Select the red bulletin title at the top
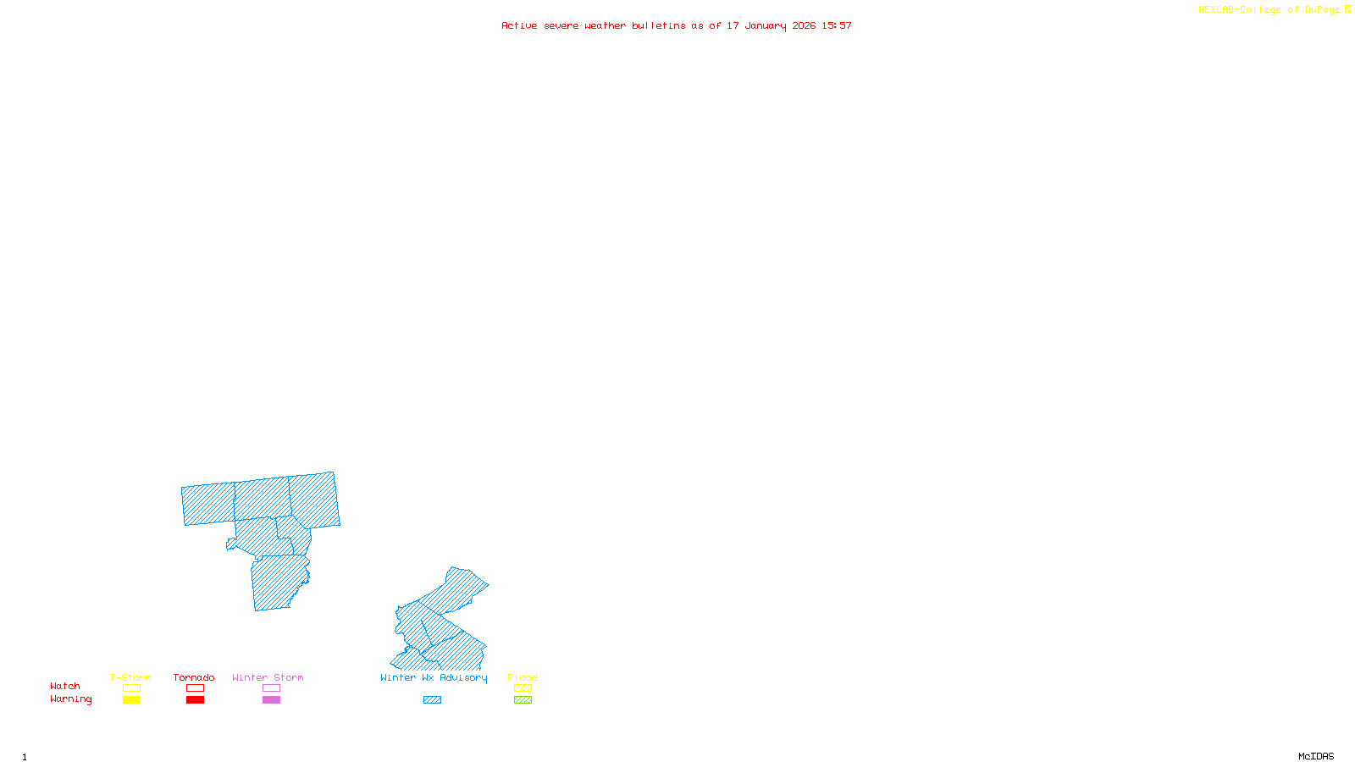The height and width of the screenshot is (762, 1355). click(676, 25)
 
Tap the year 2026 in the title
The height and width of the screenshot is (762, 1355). click(804, 25)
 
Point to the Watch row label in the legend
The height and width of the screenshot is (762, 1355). click(65, 686)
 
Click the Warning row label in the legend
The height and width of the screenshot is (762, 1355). click(70, 699)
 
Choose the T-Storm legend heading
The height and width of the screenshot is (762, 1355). click(130, 677)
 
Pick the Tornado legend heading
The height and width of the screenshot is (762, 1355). click(194, 677)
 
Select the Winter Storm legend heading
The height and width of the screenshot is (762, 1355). click(268, 677)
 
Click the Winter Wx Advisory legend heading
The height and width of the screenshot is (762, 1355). click(434, 677)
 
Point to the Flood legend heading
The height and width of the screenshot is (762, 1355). click(523, 677)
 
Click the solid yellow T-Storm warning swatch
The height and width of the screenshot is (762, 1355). click(131, 700)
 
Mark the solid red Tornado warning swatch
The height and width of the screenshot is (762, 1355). click(196, 700)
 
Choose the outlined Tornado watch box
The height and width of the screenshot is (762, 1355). click(196, 688)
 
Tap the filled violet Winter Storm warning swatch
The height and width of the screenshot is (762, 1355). click(271, 700)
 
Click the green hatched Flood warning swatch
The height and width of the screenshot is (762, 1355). click(523, 700)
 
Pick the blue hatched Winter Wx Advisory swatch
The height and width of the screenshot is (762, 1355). click(432, 700)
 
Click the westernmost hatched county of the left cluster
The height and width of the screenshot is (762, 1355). click(208, 504)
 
